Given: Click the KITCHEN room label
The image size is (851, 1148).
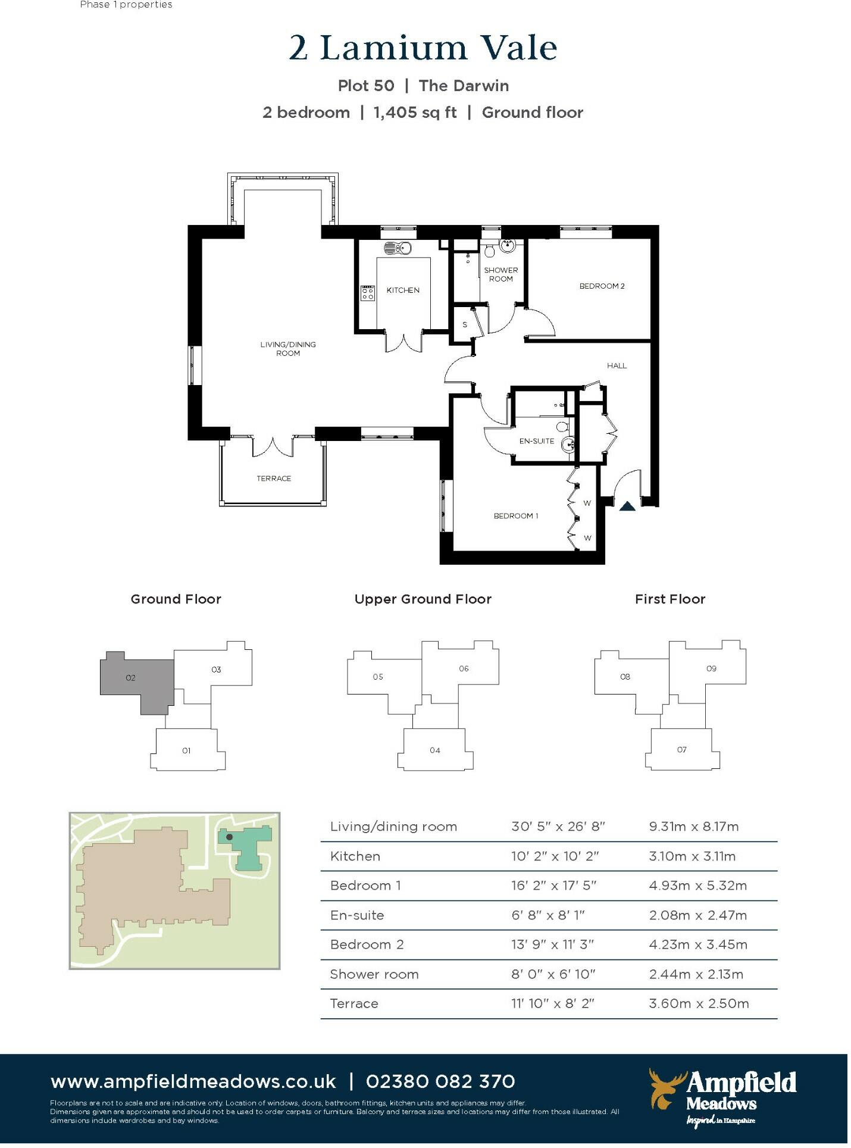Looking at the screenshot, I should [403, 290].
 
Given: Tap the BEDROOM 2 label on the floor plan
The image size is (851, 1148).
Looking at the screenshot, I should [602, 286].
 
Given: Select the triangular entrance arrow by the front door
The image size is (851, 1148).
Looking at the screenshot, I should [627, 506].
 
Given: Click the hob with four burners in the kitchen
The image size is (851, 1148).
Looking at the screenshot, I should [367, 293].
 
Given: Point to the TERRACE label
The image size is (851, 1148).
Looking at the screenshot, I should [274, 478].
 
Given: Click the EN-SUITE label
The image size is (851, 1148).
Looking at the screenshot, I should [536, 441].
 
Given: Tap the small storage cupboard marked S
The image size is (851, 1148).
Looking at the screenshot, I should [465, 325].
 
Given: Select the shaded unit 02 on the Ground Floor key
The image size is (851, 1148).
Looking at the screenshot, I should [131, 678].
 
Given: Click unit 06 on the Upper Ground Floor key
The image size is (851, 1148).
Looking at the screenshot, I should [464, 668].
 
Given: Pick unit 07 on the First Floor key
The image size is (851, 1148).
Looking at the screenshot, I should [681, 750].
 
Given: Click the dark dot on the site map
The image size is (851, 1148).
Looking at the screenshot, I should [230, 837].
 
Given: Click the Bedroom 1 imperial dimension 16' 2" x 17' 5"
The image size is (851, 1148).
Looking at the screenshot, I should [553, 886].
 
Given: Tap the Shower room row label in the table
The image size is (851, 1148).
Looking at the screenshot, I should [374, 975].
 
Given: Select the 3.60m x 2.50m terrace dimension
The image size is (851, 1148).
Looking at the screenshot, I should [699, 1004].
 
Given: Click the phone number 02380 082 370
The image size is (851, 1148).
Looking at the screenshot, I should [440, 1081].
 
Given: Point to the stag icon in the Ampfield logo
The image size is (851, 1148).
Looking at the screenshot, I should [665, 1088].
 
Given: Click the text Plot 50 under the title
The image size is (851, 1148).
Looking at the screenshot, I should [366, 86].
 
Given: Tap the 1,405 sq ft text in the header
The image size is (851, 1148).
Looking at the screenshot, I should [415, 112].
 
